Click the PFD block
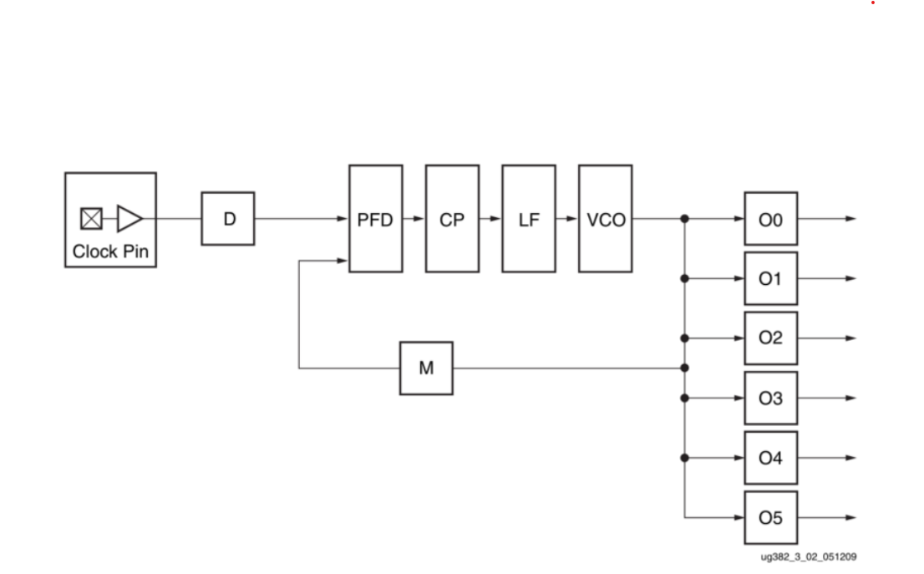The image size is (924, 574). coord(375,219)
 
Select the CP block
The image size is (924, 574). coord(452,219)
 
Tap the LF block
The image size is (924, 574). coord(529,219)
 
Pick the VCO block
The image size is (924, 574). coord(606,219)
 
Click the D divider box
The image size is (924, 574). coord(228,219)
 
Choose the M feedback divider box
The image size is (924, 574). coord(426,368)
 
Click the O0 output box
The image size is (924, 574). coord(770,219)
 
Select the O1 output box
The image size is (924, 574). coord(770,278)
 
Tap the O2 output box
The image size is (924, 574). coord(770,338)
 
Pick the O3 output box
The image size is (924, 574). coord(770,398)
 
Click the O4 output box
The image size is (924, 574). coord(770,458)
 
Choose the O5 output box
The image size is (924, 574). coord(770,517)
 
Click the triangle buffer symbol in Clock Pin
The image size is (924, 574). coord(129,219)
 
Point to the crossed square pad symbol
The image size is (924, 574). coord(91,219)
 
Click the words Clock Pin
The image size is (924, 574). coord(110,251)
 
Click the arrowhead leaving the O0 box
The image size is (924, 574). coord(850,219)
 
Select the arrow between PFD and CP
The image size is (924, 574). coord(414,219)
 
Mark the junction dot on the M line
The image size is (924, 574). coord(684,368)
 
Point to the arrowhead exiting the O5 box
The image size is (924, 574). coord(850,517)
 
